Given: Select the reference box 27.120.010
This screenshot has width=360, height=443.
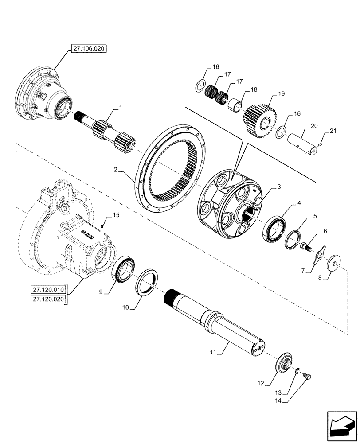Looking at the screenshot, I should tap(48, 290).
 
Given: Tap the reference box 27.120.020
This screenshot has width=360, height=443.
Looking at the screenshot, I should tap(48, 300).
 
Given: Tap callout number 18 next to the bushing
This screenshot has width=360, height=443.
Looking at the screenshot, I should tap(254, 89).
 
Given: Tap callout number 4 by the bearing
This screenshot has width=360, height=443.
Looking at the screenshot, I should tap(299, 203).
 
